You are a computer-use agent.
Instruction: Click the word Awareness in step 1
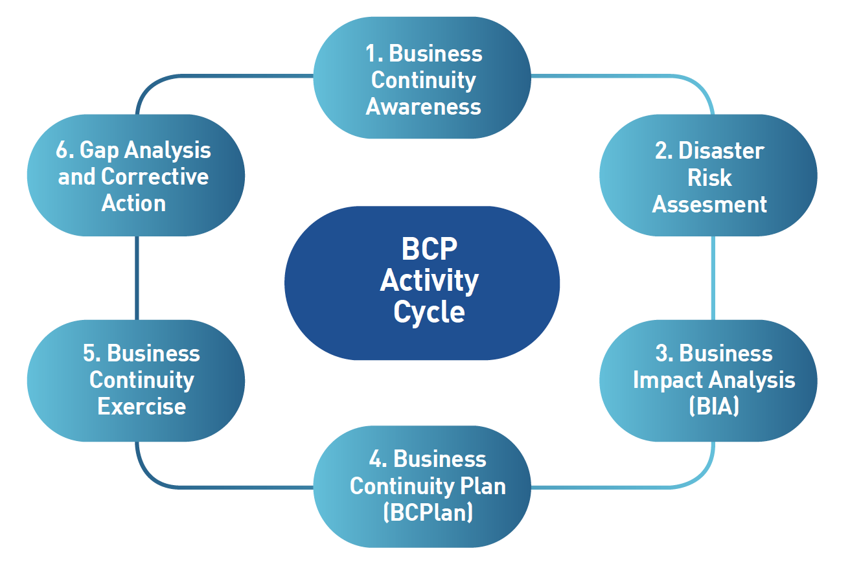click(x=423, y=107)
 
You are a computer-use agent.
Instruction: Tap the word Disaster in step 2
click(x=721, y=151)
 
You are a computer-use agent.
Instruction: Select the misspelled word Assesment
click(x=709, y=204)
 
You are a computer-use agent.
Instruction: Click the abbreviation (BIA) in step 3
click(x=714, y=406)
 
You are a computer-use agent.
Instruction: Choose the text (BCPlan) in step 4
click(x=428, y=512)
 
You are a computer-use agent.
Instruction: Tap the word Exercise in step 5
click(x=141, y=406)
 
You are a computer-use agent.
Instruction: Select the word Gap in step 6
click(x=99, y=151)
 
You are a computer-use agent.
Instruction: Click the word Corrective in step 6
click(x=155, y=176)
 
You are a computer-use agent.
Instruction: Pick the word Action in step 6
click(x=133, y=203)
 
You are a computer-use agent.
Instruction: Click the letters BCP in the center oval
click(x=429, y=249)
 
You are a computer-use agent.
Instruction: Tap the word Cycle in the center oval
click(x=429, y=312)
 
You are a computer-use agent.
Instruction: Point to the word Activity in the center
click(x=429, y=281)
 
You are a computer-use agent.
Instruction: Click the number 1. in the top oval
click(x=374, y=54)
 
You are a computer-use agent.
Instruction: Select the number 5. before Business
click(x=91, y=353)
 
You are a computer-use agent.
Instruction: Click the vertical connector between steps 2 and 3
click(x=713, y=278)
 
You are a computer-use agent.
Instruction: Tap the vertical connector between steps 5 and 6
click(x=137, y=278)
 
